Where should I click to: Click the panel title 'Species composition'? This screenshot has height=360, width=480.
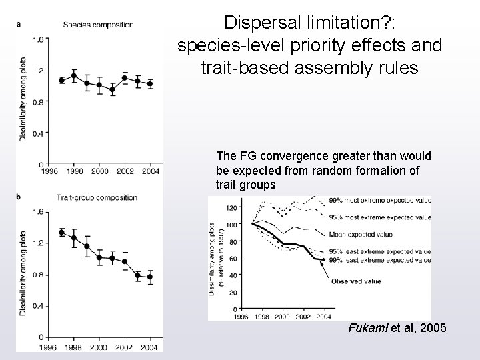pyautogui.click(x=98, y=25)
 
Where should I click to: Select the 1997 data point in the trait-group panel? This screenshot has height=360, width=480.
pyautogui.click(x=62, y=232)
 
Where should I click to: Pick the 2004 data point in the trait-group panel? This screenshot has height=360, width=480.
pyautogui.click(x=149, y=277)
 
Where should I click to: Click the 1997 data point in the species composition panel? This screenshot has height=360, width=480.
pyautogui.click(x=62, y=80)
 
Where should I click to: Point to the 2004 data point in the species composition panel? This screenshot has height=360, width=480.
pyautogui.click(x=149, y=83)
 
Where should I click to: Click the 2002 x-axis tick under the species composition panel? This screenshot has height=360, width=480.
pyautogui.click(x=123, y=171)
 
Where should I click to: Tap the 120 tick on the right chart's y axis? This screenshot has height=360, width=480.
pyautogui.click(x=231, y=207)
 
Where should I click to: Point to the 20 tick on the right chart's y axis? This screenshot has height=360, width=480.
pyautogui.click(x=233, y=292)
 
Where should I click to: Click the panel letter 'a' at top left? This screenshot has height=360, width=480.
pyautogui.click(x=18, y=25)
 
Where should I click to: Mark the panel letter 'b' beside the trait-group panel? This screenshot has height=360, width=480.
pyautogui.click(x=18, y=197)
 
